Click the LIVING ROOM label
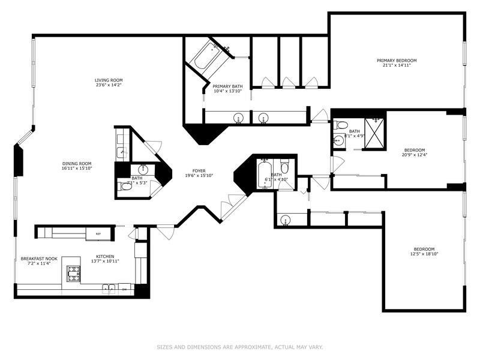[109, 80]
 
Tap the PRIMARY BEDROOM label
[397, 61]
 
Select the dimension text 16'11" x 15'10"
[77, 169]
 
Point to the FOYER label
[199, 170]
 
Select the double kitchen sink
[109, 289]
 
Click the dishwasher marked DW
[124, 289]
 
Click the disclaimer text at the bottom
[239, 347]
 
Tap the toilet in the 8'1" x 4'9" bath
[341, 125]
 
